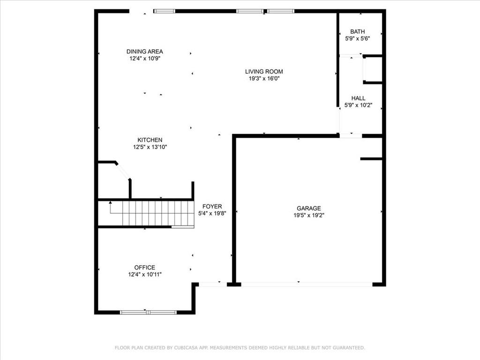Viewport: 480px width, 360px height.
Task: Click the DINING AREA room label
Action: coord(144,52)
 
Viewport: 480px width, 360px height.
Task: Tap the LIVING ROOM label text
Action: coord(264,72)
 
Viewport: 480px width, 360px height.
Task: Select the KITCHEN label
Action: coord(150,140)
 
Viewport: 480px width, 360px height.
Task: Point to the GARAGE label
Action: coord(308,208)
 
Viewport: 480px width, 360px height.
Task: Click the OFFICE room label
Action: coord(144,267)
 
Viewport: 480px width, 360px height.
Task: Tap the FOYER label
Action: coord(212,206)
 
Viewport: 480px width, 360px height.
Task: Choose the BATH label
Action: coord(358,31)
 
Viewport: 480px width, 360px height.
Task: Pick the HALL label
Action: coord(358,98)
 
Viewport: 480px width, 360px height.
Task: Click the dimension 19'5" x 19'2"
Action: coord(309,215)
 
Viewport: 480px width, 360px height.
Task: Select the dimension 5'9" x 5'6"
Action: coord(358,38)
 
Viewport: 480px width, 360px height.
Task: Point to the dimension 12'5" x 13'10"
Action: coord(150,147)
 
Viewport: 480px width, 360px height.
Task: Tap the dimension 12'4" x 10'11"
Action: coord(145,274)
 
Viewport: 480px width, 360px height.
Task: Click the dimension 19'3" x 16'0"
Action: coord(264,79)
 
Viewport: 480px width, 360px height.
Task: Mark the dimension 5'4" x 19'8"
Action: coord(212,213)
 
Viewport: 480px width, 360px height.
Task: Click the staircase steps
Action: coord(158,213)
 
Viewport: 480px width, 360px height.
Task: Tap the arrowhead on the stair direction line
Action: coord(110,202)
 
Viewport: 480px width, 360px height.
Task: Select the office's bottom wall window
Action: coord(148,312)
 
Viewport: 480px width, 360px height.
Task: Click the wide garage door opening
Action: coord(307,285)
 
